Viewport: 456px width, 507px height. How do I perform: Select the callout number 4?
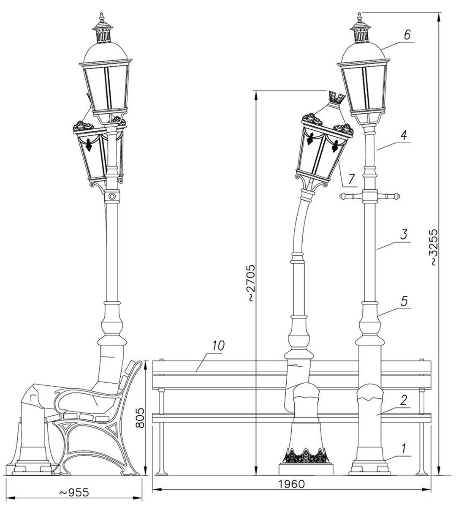[404, 136]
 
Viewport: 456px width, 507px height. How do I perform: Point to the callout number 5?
[404, 301]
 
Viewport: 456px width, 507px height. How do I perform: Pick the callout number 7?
[351, 179]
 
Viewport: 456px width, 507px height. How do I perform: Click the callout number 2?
[404, 400]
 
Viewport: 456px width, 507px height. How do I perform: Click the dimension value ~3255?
[435, 247]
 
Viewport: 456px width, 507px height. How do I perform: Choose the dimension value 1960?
[291, 484]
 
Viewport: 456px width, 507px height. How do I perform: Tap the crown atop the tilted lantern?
[336, 98]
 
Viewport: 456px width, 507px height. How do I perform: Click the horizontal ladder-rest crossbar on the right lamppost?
[370, 196]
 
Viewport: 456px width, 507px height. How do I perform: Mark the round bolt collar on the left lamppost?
[112, 196]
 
